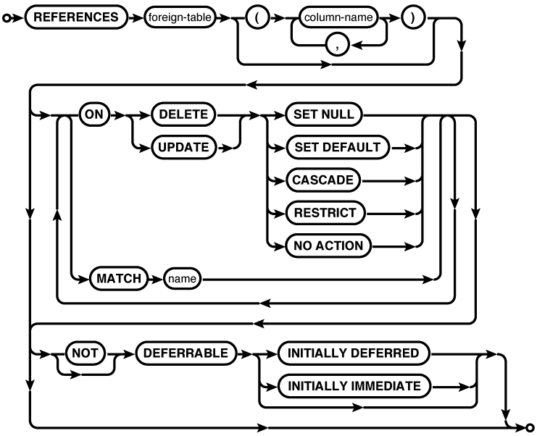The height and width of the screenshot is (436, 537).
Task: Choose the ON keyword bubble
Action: [93, 114]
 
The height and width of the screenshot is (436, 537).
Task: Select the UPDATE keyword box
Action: [183, 147]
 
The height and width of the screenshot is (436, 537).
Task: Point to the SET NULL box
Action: [324, 114]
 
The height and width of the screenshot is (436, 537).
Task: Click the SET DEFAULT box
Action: [338, 147]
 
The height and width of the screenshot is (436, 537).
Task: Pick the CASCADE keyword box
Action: [324, 180]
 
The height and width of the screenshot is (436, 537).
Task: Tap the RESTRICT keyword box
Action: [325, 212]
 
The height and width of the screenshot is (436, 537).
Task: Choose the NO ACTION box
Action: [328, 246]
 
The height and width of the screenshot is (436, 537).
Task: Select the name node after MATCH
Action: [183, 277]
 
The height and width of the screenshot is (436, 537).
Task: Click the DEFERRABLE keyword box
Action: [186, 353]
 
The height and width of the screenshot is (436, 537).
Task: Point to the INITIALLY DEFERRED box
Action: [354, 353]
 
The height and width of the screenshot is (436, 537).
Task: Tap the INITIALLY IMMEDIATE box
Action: [354, 386]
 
